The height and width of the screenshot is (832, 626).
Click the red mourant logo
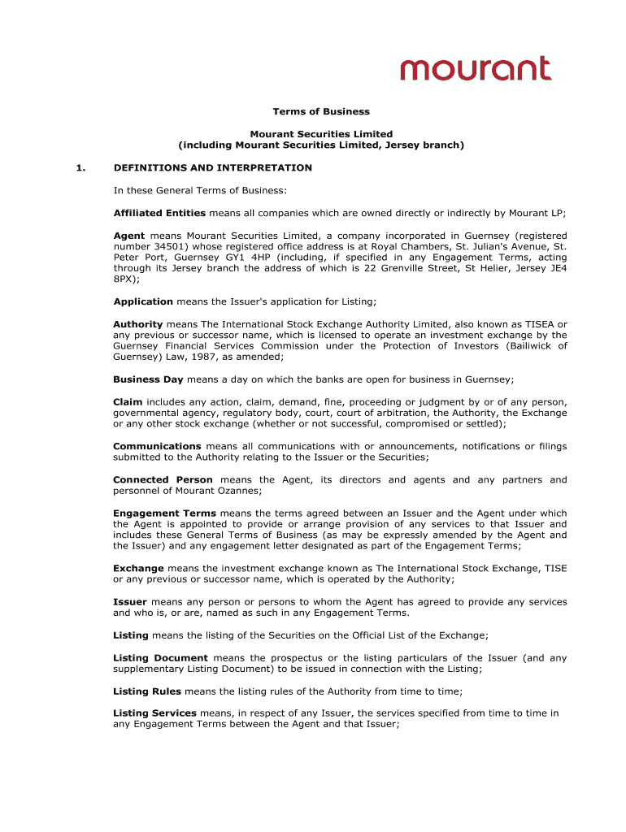476,68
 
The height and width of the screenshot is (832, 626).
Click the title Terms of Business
321,111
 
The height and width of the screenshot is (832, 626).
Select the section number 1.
80,167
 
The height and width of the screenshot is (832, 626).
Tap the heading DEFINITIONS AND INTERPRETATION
212,167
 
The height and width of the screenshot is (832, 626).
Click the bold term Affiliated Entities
159,213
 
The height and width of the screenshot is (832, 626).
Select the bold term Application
143,301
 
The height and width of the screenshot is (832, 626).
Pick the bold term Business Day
148,379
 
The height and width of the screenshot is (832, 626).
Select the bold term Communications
157,446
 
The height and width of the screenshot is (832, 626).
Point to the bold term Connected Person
163,479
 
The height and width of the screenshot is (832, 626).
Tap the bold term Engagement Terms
164,513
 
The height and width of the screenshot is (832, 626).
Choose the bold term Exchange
138,568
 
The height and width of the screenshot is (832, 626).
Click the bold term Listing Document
160,657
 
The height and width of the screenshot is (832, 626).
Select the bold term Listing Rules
148,691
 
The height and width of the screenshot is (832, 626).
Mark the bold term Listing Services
154,713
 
